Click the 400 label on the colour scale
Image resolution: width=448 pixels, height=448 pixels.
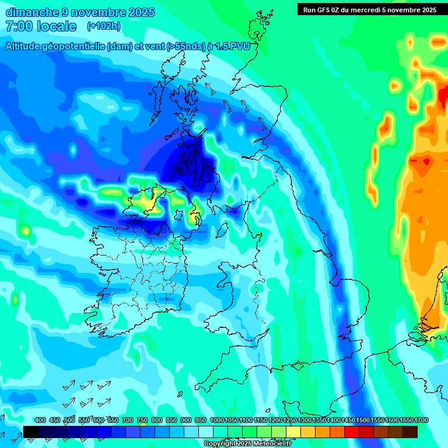point(40,421)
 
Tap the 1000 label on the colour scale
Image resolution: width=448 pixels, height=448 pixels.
point(217,421)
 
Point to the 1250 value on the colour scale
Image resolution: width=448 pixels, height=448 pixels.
point(290,421)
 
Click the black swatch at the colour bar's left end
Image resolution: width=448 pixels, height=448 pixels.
point(32,432)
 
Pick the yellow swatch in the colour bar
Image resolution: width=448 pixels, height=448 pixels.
point(294,432)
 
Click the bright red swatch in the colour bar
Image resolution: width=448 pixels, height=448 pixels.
point(352,432)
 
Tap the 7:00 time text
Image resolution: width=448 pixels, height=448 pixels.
point(20,26)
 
